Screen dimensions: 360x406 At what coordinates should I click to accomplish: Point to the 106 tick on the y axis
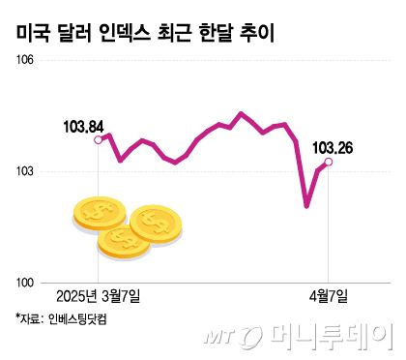22,60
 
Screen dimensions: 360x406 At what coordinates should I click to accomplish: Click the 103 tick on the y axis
22,171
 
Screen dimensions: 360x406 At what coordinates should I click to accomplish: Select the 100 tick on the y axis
22,283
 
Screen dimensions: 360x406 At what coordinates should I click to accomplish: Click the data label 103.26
333,147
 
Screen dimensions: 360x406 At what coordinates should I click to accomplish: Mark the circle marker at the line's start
99,140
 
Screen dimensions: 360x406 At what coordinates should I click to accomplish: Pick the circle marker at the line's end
329,163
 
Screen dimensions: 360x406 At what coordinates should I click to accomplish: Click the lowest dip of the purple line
307,205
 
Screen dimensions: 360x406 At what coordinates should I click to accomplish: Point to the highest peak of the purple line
242,113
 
